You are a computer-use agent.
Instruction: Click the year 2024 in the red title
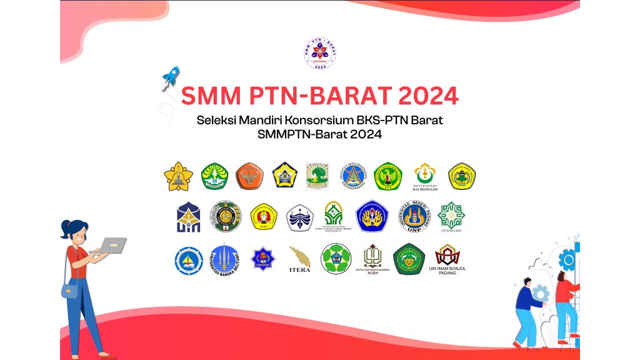point(428,96)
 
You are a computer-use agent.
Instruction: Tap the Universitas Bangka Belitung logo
point(224,259)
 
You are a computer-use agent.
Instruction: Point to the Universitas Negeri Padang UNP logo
point(416,216)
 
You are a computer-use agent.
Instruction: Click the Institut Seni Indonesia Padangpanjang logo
point(356,176)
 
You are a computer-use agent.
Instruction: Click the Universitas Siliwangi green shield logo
point(409,259)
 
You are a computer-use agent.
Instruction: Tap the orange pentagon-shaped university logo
point(249,176)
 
